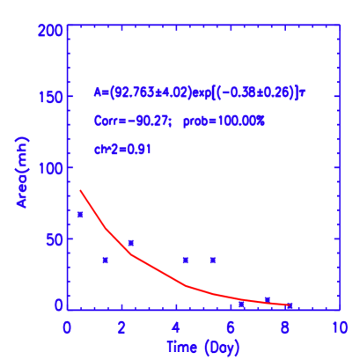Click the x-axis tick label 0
point(67,327)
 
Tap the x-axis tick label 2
point(121,327)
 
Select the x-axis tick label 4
point(176,327)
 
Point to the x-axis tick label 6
point(231,327)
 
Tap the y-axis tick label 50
point(52,239)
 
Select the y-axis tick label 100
point(48,168)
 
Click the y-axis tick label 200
point(48,30)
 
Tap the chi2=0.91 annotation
point(123,150)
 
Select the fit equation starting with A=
point(199,92)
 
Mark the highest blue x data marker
point(81,214)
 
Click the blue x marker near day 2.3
point(131,242)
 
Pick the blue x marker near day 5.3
point(213,260)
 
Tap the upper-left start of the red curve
point(81,190)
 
